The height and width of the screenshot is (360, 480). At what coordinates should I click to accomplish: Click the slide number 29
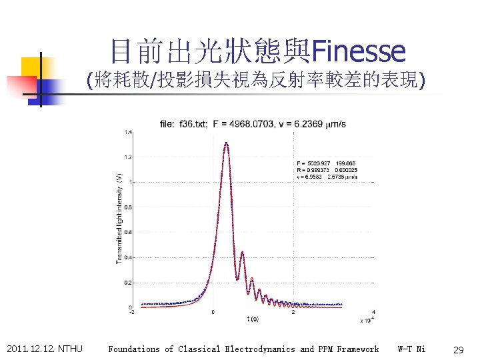pyautogui.click(x=458, y=349)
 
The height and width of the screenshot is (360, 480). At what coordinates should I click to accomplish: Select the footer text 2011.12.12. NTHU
pyautogui.click(x=44, y=349)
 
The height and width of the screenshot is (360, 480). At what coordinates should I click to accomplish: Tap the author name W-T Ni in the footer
pyautogui.click(x=411, y=349)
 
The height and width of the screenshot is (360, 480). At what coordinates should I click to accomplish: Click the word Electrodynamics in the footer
pyautogui.click(x=261, y=349)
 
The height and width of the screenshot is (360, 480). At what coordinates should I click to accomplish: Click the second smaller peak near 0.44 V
pyautogui.click(x=242, y=252)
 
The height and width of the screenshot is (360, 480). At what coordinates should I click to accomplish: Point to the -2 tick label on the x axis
pyautogui.click(x=131, y=312)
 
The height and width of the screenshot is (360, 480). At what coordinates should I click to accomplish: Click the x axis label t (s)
pyautogui.click(x=253, y=319)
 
